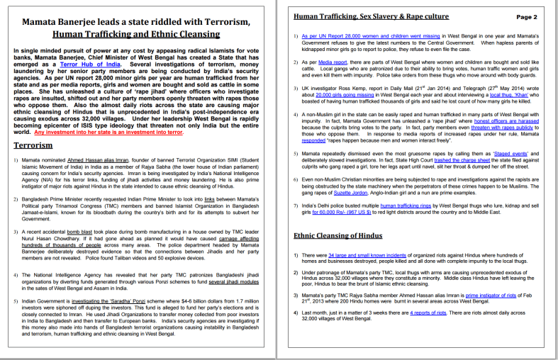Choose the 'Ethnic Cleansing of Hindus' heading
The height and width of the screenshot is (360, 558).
coord(345,235)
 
